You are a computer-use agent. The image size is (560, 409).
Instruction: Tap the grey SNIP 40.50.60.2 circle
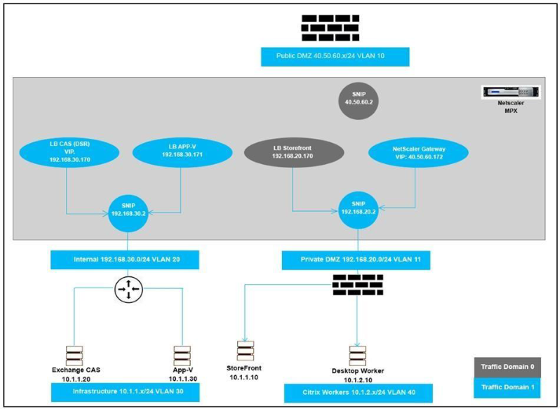click(357, 98)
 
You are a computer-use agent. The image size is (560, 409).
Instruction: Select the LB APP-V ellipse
click(181, 152)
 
